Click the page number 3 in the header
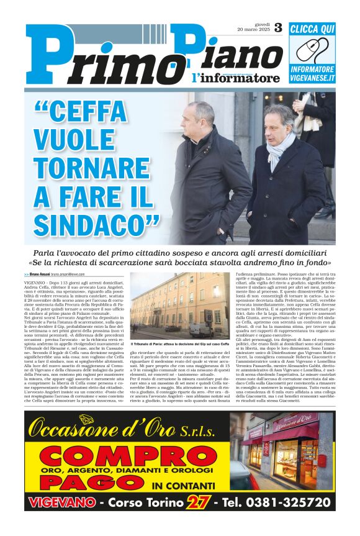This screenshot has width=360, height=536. pos(277,27)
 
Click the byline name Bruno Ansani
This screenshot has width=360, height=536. pos(40,274)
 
